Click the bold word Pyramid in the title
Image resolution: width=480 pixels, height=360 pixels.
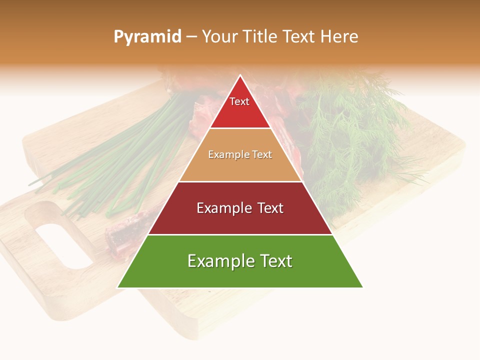[x=147, y=37]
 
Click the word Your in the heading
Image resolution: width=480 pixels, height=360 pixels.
[x=220, y=37]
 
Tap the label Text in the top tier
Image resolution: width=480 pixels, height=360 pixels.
[x=239, y=101]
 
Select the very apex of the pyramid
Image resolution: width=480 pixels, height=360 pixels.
[x=240, y=76]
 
